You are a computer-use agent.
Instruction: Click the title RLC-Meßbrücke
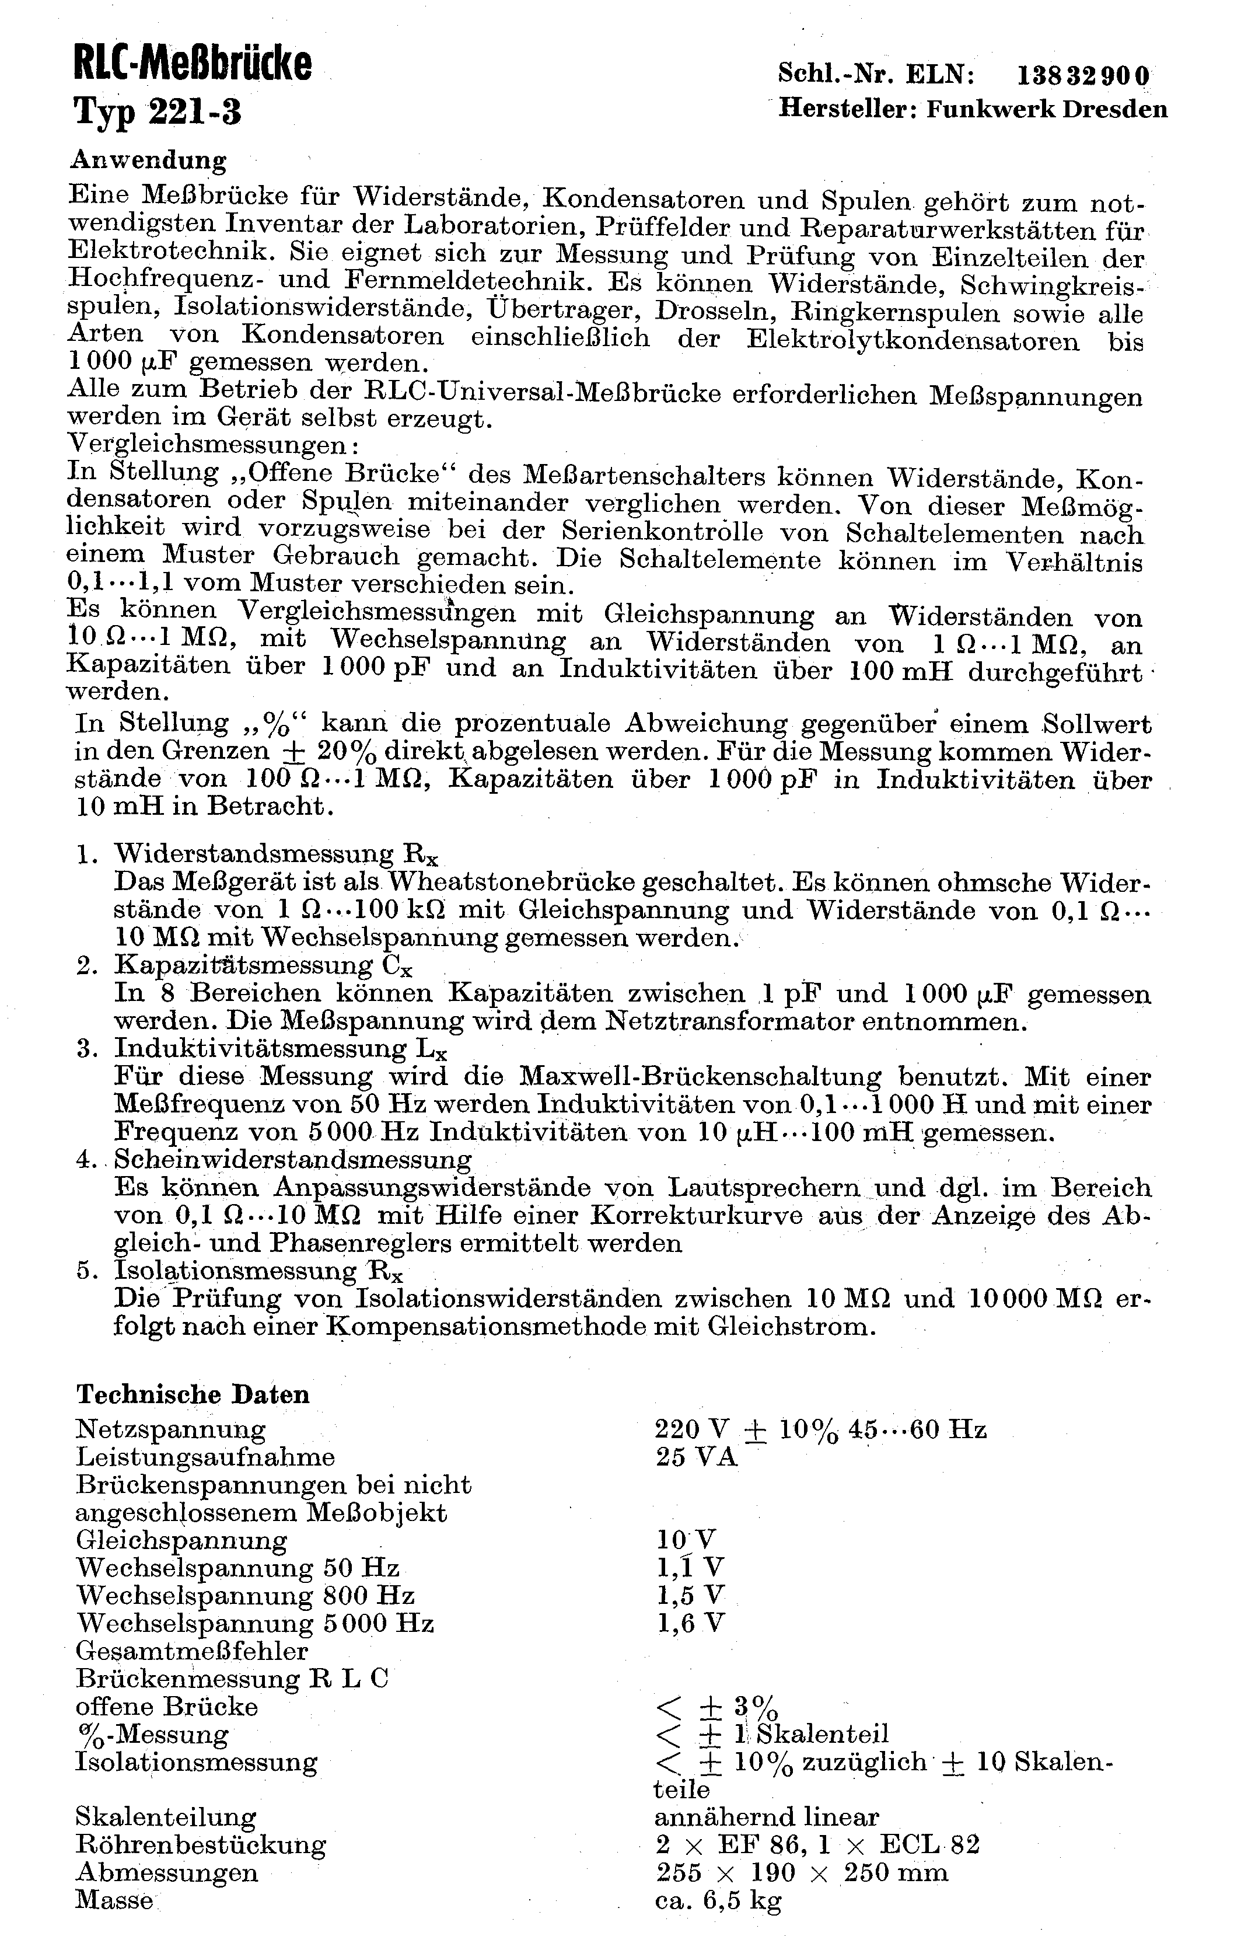(192, 64)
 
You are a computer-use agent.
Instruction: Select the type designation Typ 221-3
(158, 111)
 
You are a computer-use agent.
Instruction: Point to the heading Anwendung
(148, 160)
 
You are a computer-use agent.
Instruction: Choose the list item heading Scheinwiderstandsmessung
(292, 1160)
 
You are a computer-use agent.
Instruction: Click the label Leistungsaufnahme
(205, 1457)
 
